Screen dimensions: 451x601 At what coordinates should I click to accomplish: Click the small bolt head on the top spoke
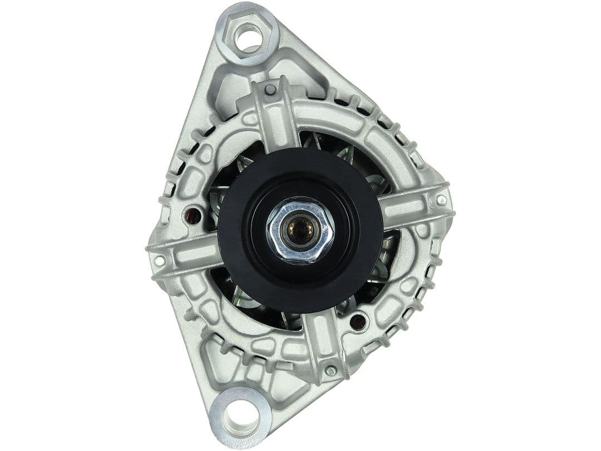(x=270, y=89)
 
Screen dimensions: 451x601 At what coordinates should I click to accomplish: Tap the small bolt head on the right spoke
(x=441, y=200)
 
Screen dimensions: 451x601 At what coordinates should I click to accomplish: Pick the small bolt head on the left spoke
(x=160, y=260)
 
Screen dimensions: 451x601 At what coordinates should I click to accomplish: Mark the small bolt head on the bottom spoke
(x=331, y=370)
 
